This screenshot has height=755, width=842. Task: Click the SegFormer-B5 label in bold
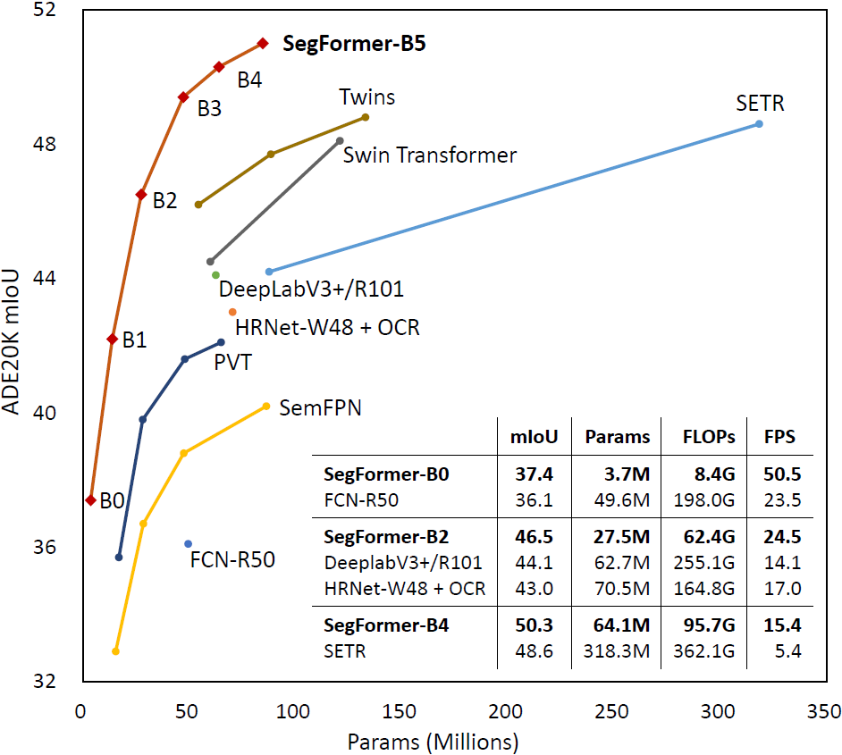[x=354, y=45]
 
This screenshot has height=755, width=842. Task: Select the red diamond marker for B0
[x=90, y=499]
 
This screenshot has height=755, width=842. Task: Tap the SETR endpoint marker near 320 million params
[x=759, y=123]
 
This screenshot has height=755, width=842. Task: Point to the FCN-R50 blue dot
[x=188, y=543]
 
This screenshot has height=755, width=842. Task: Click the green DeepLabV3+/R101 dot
[x=215, y=274]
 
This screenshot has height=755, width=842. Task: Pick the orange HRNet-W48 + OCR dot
[x=232, y=312]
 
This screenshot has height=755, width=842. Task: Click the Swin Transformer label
[x=430, y=155]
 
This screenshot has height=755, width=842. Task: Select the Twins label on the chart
[x=366, y=96]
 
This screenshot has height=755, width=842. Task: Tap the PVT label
[x=232, y=363]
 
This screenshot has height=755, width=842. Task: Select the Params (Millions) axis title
[x=433, y=742]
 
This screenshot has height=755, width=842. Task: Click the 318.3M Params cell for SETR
[x=616, y=651]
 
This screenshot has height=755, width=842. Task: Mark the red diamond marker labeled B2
[x=141, y=194]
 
